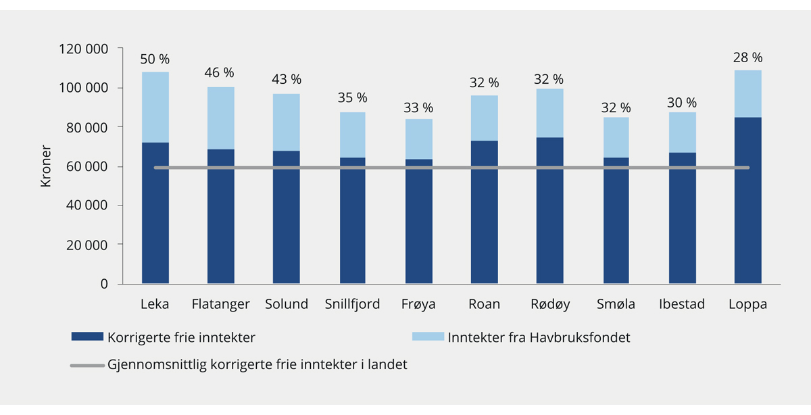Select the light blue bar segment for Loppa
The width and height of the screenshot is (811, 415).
click(747, 94)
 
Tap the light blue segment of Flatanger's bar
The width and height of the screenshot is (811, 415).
click(220, 118)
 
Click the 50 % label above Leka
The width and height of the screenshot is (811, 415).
click(155, 59)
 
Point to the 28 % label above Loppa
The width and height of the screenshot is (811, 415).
click(747, 57)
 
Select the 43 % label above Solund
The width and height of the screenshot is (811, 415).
click(287, 80)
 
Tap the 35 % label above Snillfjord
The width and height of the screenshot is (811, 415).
click(352, 99)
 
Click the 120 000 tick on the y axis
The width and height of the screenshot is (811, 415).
click(84, 49)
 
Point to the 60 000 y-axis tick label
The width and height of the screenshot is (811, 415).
click(87, 167)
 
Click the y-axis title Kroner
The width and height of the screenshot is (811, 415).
click(46, 166)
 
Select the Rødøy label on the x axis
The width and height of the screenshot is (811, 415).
click(550, 304)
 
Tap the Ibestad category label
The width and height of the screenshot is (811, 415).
click(682, 304)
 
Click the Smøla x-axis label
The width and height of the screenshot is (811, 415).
click(616, 304)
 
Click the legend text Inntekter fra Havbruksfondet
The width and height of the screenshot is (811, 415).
click(539, 337)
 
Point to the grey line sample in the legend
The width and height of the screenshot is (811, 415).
click(86, 365)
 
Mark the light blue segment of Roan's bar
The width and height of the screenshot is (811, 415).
click(484, 118)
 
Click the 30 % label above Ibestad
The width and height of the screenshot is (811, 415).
click(682, 103)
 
